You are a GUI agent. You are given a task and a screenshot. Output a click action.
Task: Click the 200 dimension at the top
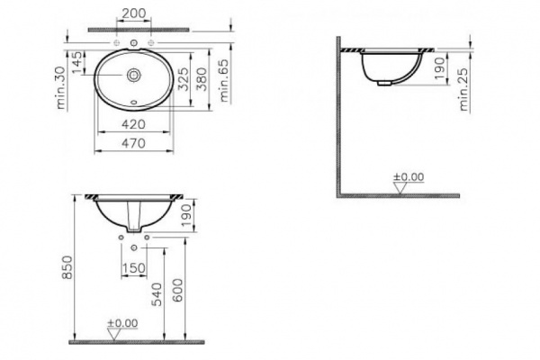(x=134, y=13)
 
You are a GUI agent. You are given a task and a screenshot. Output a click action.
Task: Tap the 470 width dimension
(x=133, y=143)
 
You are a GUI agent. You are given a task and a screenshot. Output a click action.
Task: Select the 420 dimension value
(x=133, y=124)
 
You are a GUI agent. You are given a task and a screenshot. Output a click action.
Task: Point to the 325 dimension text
(x=184, y=79)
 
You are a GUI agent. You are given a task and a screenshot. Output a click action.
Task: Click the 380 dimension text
(x=202, y=79)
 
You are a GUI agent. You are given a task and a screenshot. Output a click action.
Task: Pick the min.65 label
(x=224, y=81)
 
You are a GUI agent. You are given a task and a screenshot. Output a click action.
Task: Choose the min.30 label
(x=60, y=87)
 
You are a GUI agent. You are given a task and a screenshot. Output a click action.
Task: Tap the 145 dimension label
(x=77, y=63)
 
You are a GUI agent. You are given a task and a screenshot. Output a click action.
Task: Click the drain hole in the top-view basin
(x=133, y=75)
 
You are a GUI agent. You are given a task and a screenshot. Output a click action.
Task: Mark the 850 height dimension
(x=67, y=267)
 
